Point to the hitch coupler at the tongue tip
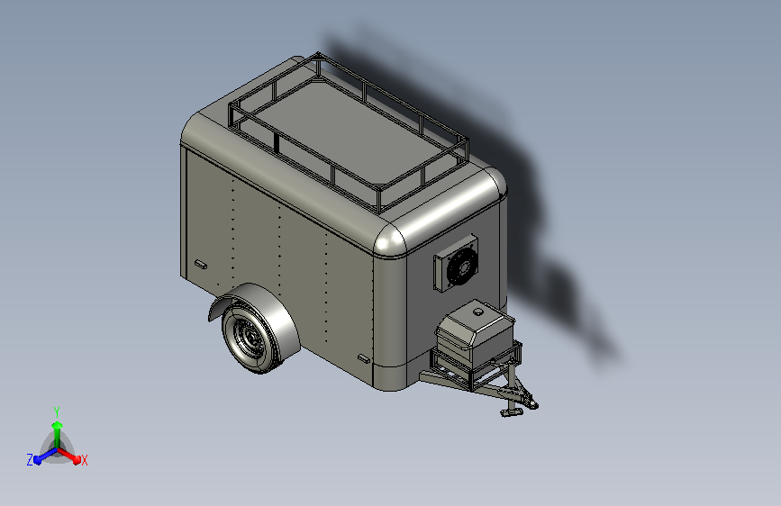click(x=531, y=402)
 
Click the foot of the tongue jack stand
click(x=509, y=413)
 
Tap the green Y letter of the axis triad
click(x=57, y=410)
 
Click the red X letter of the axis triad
click(x=84, y=460)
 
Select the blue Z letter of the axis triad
click(x=30, y=459)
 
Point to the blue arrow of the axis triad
click(x=41, y=456)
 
